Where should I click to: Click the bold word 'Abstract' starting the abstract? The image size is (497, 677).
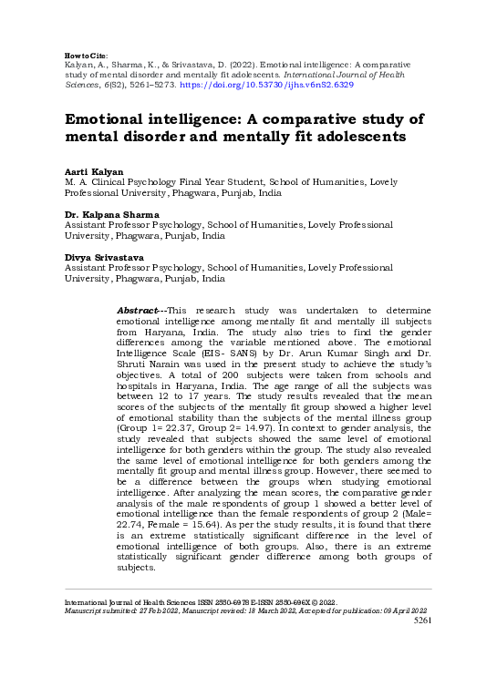coord(141,312)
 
